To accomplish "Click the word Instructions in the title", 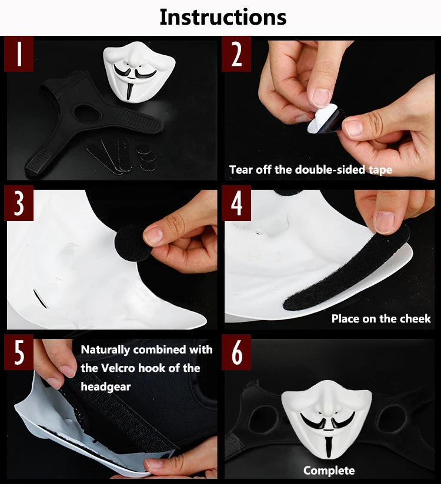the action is pyautogui.click(x=223, y=18).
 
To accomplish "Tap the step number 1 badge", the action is pyautogui.click(x=19, y=53).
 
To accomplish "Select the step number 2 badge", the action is pyautogui.click(x=236, y=53).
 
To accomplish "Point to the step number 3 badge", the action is pyautogui.click(x=19, y=203).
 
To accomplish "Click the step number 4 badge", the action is pyautogui.click(x=236, y=203).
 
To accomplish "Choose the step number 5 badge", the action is pyautogui.click(x=19, y=352).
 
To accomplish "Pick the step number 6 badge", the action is pyautogui.click(x=236, y=352).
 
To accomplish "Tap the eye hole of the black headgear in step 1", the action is pyautogui.click(x=88, y=113).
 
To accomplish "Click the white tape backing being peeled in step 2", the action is pyautogui.click(x=322, y=117).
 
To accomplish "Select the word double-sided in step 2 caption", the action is pyautogui.click(x=330, y=170).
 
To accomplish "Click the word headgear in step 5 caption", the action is pyautogui.click(x=106, y=387).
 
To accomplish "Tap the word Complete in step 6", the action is pyautogui.click(x=329, y=471).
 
